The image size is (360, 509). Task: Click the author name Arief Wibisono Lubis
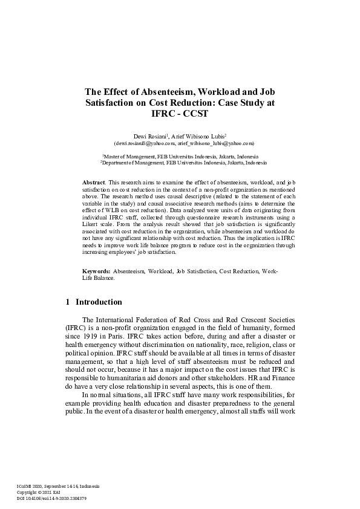[x=198, y=137]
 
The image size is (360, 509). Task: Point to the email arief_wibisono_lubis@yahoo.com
[x=215, y=143]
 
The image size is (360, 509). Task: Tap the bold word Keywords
[x=96, y=272]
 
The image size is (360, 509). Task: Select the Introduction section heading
[x=99, y=302]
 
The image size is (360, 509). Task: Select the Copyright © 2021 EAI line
[x=41, y=492]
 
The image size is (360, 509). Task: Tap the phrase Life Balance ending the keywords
[x=98, y=279]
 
